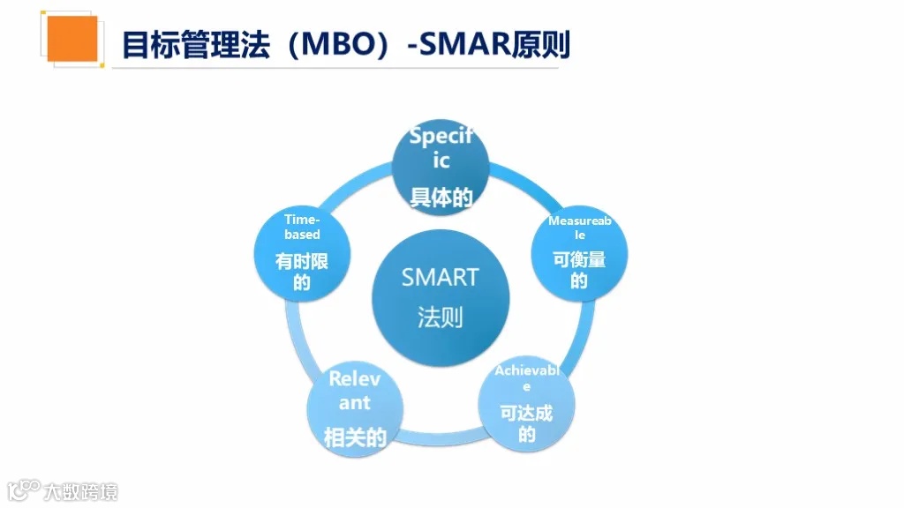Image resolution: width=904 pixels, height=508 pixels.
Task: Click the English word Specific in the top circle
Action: coord(441,148)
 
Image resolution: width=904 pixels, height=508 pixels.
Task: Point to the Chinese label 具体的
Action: coord(441,198)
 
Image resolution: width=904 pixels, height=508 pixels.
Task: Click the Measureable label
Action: coord(579,228)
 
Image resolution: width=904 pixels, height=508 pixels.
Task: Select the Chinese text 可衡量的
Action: coord(579,270)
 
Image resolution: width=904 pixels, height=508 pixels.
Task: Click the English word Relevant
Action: coord(355,391)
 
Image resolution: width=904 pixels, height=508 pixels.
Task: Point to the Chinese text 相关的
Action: coord(355,437)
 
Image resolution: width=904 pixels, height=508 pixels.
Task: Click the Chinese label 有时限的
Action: coord(302,272)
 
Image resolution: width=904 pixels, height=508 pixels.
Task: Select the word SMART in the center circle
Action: coord(440,277)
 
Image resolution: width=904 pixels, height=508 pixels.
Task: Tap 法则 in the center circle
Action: coord(440,317)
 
